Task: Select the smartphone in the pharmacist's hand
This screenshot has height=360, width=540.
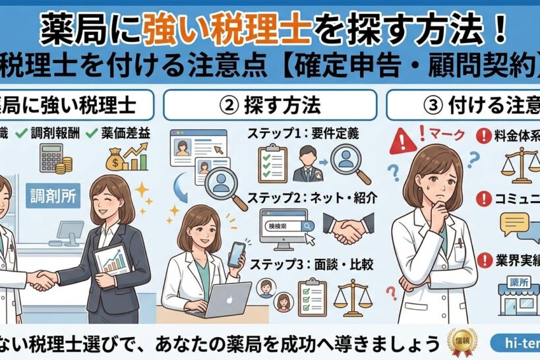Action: [x=236, y=255]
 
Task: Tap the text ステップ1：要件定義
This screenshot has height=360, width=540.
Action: [x=303, y=133]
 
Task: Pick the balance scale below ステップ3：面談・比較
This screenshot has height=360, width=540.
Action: [x=351, y=296]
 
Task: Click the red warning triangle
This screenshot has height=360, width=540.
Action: [x=403, y=141]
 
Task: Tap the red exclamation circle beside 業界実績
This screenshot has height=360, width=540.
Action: [x=485, y=259]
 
